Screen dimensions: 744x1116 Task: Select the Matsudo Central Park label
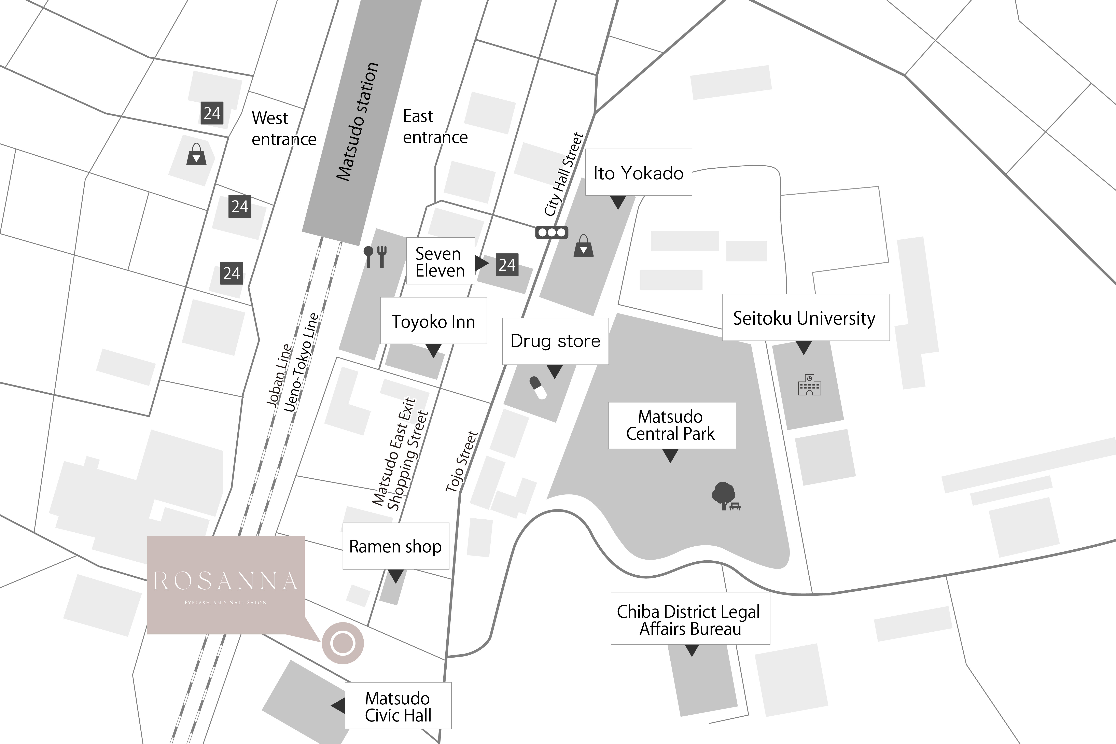click(x=671, y=425)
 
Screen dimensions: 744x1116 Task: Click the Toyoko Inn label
click(x=433, y=321)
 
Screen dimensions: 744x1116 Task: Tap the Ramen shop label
click(x=395, y=546)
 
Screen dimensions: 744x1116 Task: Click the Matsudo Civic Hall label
click(x=398, y=706)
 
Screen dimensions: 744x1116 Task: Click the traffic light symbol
click(x=551, y=233)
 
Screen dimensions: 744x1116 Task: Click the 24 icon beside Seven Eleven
click(x=507, y=265)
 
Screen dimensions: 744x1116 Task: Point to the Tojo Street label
click(x=461, y=461)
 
